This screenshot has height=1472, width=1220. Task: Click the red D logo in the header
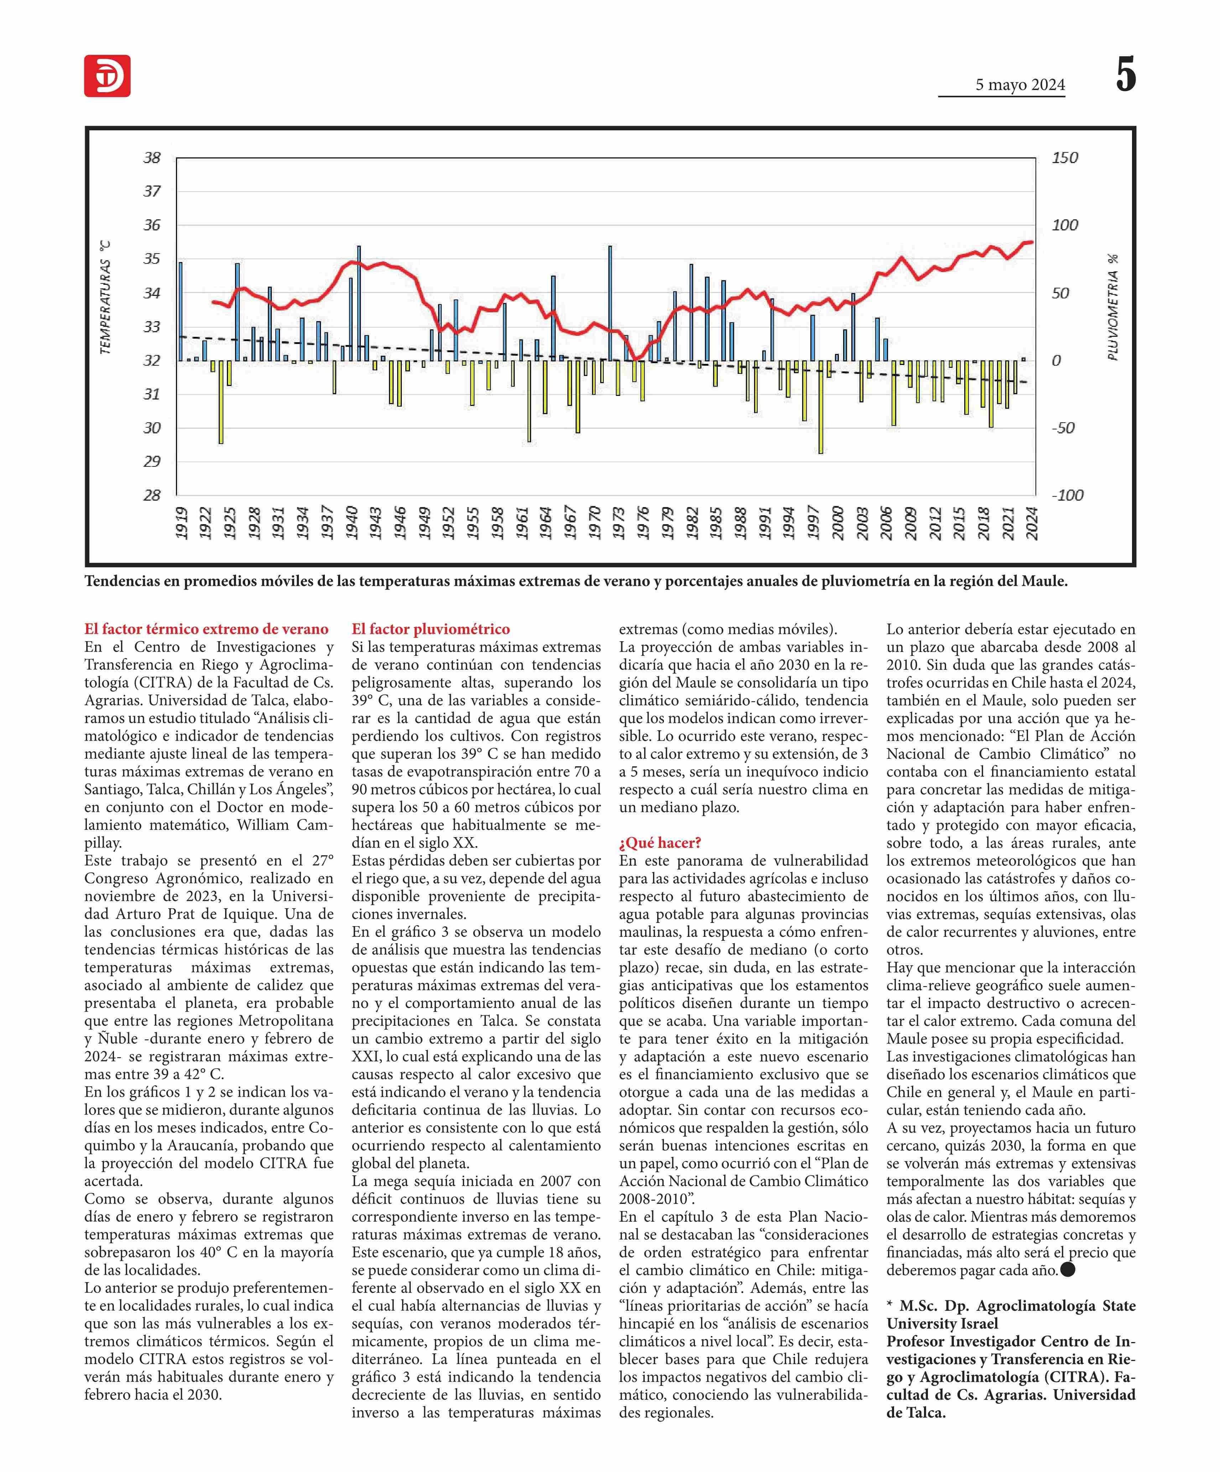(x=107, y=76)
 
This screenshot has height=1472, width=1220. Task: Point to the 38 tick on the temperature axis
(x=152, y=158)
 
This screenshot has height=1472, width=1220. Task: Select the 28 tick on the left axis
(x=152, y=495)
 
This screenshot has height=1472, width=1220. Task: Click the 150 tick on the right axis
(x=1064, y=158)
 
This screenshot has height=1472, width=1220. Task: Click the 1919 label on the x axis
(x=182, y=523)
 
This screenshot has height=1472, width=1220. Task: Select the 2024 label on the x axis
(x=1032, y=523)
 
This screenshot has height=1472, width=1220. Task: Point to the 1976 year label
(x=643, y=523)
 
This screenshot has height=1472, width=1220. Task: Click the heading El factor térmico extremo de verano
(x=206, y=629)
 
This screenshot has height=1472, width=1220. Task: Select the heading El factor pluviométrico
(x=431, y=629)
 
